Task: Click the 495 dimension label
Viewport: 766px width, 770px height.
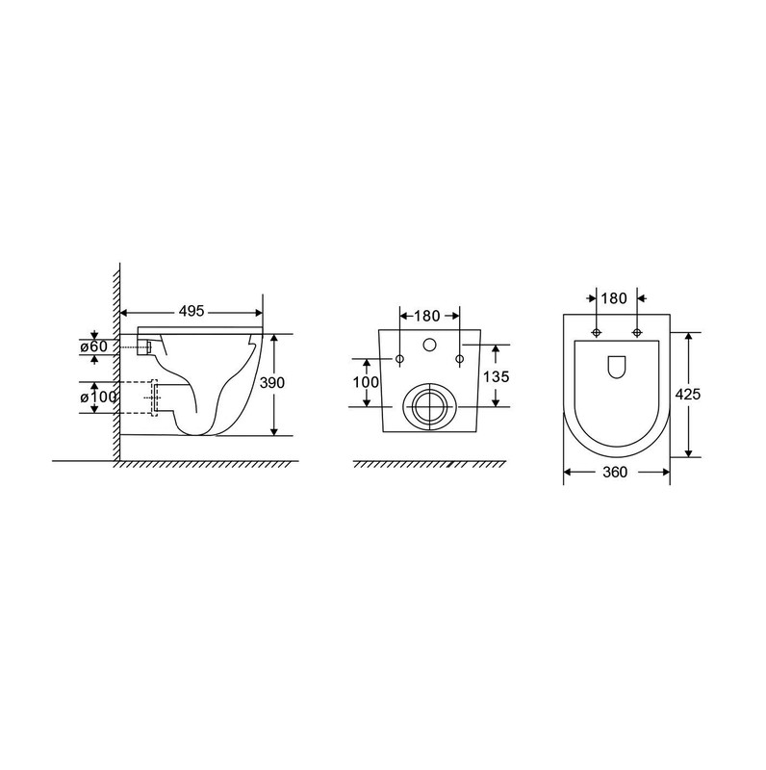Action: click(x=191, y=311)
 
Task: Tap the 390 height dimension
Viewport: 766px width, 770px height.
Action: click(x=271, y=382)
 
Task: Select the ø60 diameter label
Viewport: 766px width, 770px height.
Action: click(x=93, y=346)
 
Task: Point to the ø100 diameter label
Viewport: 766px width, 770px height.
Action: click(x=99, y=398)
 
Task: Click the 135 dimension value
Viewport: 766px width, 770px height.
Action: click(x=497, y=376)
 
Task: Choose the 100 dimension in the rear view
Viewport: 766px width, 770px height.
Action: click(x=366, y=381)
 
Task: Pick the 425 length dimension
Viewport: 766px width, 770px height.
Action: click(x=688, y=394)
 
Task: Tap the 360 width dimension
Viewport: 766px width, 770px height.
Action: click(x=615, y=472)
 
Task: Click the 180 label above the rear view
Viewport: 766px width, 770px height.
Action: click(x=426, y=316)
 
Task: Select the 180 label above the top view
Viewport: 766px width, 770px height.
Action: click(x=614, y=298)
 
